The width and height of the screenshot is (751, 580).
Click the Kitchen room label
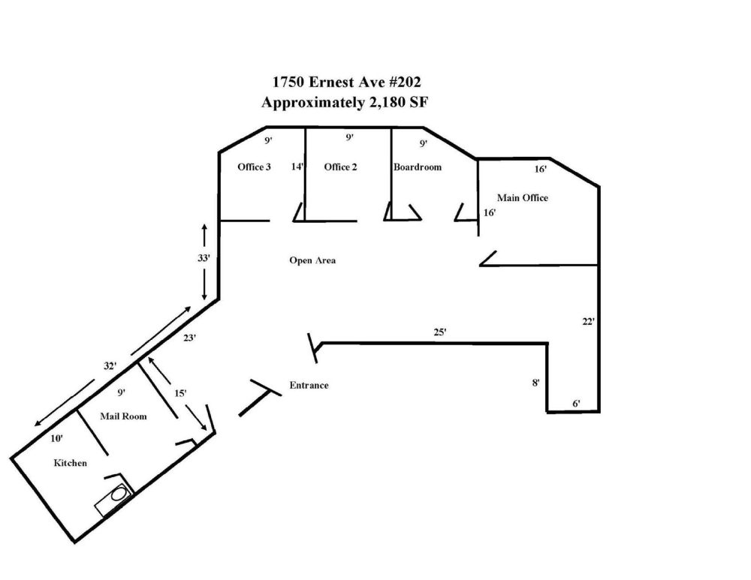(70, 463)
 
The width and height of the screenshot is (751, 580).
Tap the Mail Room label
(123, 416)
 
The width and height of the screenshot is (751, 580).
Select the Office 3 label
(254, 167)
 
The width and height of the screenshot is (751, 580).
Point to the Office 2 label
(340, 167)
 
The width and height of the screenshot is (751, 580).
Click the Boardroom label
(417, 167)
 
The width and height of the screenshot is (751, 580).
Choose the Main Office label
(522, 197)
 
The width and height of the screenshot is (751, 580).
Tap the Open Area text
(312, 260)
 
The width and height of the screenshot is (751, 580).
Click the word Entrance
(309, 385)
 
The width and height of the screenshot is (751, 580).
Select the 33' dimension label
(204, 258)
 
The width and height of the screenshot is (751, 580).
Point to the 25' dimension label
(439, 332)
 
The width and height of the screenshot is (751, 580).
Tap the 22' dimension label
(588, 322)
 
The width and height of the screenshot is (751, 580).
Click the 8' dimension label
(535, 383)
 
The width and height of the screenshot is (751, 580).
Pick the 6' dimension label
(576, 404)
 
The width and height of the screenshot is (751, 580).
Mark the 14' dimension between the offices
(297, 167)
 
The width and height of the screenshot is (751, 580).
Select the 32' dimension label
(110, 365)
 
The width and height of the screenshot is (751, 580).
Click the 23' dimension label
(189, 338)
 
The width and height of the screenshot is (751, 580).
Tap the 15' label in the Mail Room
(179, 393)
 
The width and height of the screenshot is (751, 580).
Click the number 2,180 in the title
(386, 102)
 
